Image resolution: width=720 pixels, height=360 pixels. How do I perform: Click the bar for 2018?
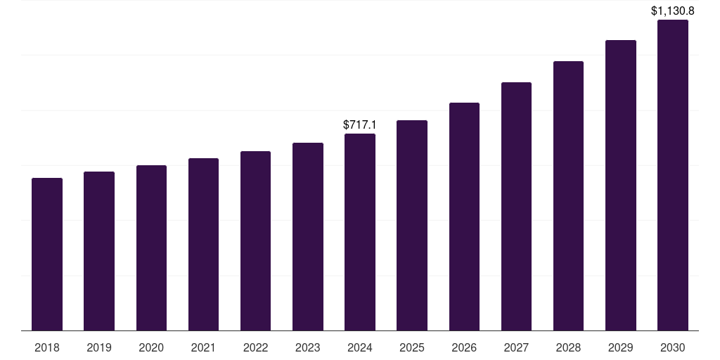[x=47, y=254]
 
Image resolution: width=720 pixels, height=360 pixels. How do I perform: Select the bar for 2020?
[x=151, y=247]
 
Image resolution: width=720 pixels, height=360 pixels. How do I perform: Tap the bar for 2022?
[x=255, y=240]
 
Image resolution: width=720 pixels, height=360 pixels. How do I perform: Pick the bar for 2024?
[x=360, y=232]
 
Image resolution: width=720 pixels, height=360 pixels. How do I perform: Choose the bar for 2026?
[x=464, y=217]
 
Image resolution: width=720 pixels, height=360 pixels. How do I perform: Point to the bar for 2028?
[x=568, y=195]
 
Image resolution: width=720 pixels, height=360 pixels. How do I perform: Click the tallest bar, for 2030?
[x=672, y=175]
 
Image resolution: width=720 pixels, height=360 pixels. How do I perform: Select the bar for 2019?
[x=99, y=251]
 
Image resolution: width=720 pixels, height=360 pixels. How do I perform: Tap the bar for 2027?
[x=516, y=206]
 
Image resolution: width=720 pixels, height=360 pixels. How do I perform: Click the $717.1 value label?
[x=360, y=124]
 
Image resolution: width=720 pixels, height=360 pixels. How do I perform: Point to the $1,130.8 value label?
[x=673, y=11]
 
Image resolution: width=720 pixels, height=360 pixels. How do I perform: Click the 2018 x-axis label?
[x=47, y=347]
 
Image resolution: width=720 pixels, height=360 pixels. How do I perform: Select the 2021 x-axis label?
[x=203, y=347]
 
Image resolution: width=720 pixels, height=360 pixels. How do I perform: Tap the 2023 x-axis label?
[x=307, y=347]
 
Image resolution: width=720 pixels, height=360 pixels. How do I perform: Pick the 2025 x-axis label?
[x=412, y=347]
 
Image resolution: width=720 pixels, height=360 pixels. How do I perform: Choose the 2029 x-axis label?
[x=620, y=347]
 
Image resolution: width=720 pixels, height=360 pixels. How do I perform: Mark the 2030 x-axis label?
[x=672, y=347]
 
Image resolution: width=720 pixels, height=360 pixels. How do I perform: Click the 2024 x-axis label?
[x=360, y=347]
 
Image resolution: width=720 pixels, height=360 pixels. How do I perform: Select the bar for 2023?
[x=307, y=236]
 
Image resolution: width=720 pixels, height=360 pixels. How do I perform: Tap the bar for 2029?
[x=620, y=185]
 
